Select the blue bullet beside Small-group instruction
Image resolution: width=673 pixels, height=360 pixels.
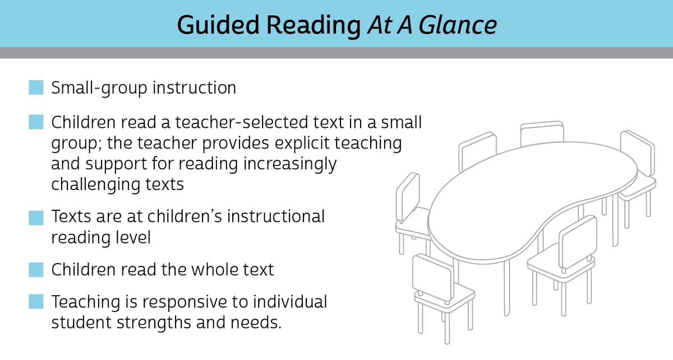point(36,87)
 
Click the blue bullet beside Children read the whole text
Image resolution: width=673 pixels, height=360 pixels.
point(36,269)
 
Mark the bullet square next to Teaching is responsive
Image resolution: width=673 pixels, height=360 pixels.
point(36,302)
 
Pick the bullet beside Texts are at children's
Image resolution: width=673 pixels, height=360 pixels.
point(36,216)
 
